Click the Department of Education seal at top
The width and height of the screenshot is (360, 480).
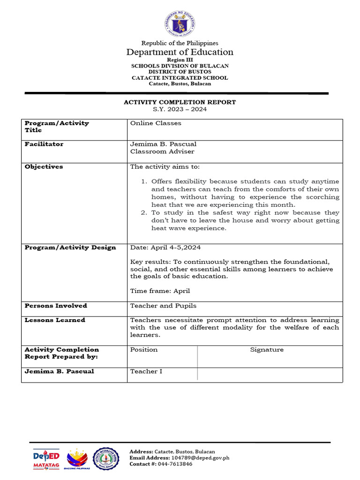pos(180,23)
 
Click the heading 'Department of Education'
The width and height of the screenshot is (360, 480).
pos(180,52)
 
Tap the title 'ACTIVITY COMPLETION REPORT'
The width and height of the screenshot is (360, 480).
pos(180,102)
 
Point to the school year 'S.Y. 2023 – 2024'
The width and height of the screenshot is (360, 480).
pos(180,109)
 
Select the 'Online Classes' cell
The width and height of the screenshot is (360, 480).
pos(156,123)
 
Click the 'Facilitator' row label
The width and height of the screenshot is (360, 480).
pos(44,144)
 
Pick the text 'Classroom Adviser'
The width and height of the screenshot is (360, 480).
pos(162,151)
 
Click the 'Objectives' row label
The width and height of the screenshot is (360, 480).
pos(44,167)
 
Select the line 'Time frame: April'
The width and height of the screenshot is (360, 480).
pos(160,291)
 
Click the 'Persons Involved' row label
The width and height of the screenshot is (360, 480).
pos(56,306)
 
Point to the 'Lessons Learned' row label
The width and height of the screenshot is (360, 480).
pos(55,320)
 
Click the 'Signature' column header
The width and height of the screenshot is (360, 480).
pos(267,350)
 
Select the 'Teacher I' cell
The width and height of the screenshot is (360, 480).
pos(146,371)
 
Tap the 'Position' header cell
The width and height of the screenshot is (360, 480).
pos(144,350)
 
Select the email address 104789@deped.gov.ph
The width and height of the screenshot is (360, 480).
pos(200,457)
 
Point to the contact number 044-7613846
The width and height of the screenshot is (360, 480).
pos(175,464)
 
